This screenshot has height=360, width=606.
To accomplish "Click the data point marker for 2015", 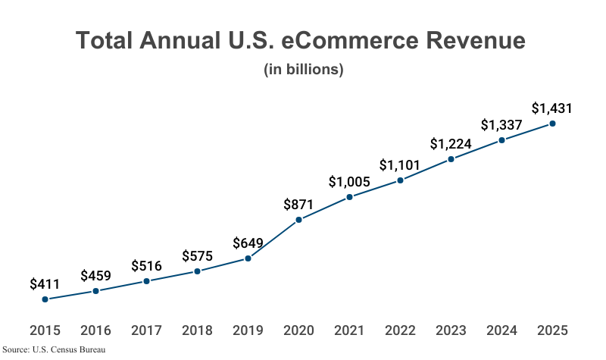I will tap(45, 299).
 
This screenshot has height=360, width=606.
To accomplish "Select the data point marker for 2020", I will tap(298, 220).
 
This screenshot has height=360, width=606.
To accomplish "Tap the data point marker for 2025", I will tap(552, 124).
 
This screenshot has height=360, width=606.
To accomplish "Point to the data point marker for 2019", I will tap(248, 258).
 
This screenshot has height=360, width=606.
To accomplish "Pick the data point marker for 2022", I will tap(400, 180).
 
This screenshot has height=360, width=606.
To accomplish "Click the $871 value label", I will tap(298, 204).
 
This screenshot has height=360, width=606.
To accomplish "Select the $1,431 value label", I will tap(551, 108).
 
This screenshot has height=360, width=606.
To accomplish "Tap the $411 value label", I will tap(45, 284).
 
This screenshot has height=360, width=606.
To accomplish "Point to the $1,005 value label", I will tap(349, 182).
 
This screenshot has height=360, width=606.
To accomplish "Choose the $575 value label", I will tap(197, 255).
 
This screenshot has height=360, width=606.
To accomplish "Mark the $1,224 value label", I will tap(451, 143).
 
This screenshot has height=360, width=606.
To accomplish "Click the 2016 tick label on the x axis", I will tap(95, 330).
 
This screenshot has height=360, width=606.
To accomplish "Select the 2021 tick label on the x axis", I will tap(349, 330).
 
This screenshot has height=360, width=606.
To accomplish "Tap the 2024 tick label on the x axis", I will tap(501, 330).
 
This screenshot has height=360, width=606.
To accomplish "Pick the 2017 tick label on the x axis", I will tap(146, 330).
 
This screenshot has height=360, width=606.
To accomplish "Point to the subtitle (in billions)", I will tap(304, 70).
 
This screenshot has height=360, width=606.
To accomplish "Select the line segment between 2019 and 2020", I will tap(273, 239).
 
